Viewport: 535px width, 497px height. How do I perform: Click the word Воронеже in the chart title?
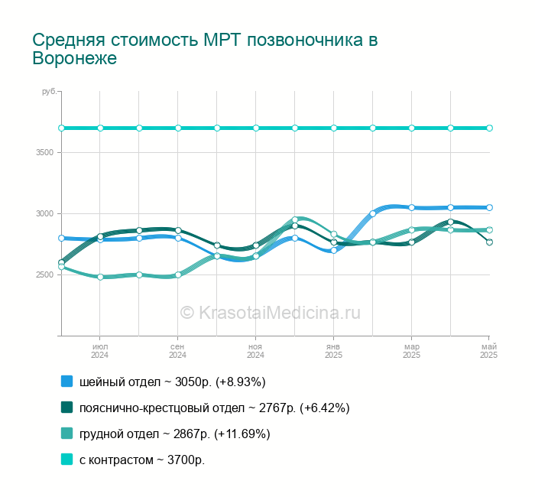click(75, 58)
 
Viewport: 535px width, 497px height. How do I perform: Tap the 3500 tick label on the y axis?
click(45, 153)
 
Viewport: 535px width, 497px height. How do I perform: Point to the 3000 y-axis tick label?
click(45, 213)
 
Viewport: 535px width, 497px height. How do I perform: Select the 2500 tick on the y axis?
click(45, 274)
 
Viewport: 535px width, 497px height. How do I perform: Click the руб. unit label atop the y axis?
click(50, 92)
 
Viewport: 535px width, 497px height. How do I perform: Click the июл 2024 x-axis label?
click(100, 351)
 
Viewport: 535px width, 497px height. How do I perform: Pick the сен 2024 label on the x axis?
click(178, 351)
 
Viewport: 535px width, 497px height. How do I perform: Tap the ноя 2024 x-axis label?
click(255, 351)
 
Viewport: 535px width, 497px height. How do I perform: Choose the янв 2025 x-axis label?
click(334, 351)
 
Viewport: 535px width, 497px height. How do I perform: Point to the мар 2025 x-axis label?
click(411, 351)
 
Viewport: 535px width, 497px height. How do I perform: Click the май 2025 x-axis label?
click(489, 351)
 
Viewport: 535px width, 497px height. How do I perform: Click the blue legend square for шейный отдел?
click(67, 382)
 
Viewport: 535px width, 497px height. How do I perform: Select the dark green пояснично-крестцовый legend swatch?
click(67, 408)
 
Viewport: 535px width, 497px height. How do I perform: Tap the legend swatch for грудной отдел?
click(67, 434)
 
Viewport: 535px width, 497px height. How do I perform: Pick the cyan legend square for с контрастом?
click(67, 460)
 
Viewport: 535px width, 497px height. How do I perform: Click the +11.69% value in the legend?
click(242, 434)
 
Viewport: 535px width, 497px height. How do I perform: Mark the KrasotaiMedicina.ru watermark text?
click(271, 313)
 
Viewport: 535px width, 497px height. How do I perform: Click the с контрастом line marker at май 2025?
click(489, 128)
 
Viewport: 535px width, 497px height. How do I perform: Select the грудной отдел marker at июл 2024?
click(100, 277)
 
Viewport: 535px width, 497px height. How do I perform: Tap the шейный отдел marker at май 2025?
click(489, 207)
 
